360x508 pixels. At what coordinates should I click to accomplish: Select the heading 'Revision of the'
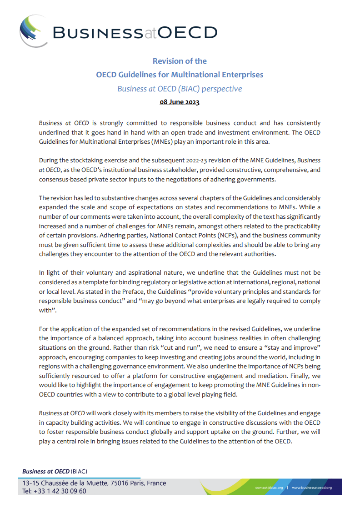[x=180, y=61]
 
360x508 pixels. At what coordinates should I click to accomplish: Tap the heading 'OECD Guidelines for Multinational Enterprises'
[x=180, y=75]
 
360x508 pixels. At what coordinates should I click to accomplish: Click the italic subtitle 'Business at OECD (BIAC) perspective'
[x=180, y=89]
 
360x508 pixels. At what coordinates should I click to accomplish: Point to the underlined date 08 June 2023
[x=180, y=102]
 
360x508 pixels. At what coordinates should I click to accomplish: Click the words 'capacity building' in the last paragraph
[x=61, y=423]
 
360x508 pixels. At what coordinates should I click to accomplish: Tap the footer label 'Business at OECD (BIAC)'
[x=55, y=472]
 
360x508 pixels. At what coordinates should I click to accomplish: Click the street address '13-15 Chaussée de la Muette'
[x=64, y=483]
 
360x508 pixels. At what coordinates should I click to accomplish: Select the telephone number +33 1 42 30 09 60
[x=60, y=491]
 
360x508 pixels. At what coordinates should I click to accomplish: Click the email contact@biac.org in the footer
[x=269, y=488]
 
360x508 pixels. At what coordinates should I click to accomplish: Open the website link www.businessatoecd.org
[x=312, y=488]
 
